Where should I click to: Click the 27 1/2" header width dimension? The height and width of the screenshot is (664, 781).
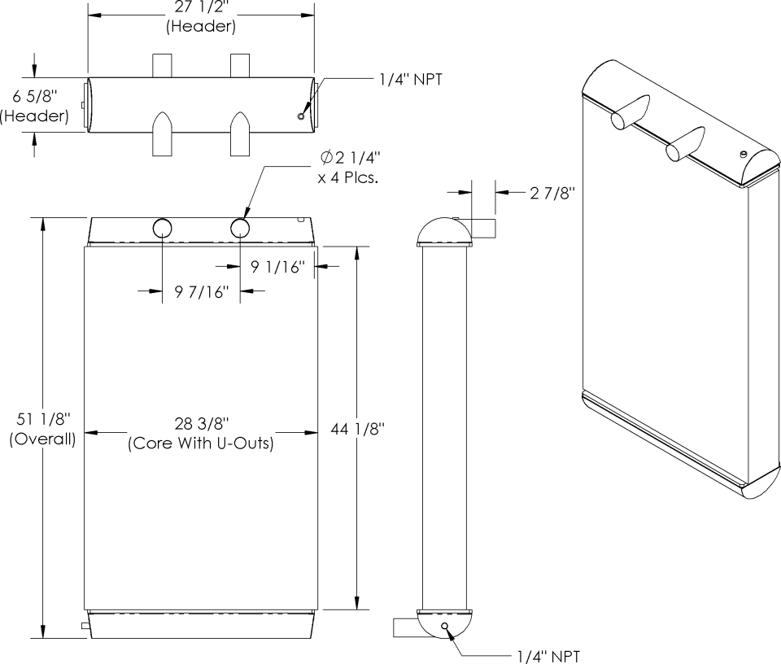[201, 10]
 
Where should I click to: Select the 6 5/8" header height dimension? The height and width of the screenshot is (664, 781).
[35, 96]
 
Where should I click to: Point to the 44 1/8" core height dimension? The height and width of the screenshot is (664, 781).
[358, 428]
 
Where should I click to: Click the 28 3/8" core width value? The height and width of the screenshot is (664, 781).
[201, 423]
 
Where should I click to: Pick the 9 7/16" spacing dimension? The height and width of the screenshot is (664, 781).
[201, 291]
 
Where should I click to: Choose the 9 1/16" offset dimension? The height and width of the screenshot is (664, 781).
[277, 267]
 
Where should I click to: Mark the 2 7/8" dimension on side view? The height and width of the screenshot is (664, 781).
[552, 192]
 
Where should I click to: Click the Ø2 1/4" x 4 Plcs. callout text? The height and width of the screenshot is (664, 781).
[349, 168]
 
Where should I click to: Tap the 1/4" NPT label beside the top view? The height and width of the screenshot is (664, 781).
[410, 79]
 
